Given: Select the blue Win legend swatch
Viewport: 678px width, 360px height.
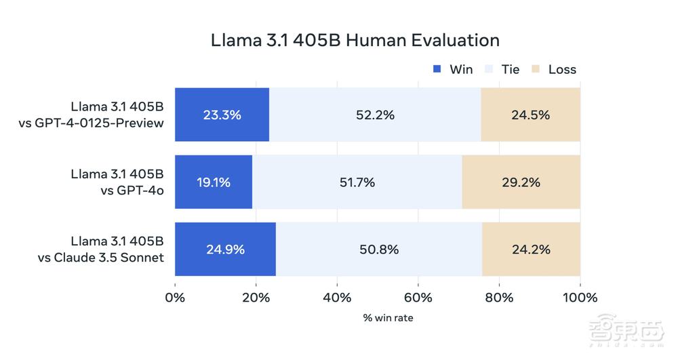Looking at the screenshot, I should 437,69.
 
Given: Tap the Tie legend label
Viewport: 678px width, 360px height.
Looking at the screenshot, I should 511,69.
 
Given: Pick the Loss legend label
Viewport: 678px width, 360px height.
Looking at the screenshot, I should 562,69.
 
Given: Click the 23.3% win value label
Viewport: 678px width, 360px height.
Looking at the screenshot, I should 222,115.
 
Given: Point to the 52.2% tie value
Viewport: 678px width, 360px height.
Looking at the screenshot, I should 375,115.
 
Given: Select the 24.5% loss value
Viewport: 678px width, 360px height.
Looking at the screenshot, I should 530,115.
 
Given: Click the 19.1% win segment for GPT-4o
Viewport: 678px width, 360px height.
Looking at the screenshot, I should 214,182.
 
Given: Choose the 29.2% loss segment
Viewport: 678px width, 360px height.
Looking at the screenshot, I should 521,182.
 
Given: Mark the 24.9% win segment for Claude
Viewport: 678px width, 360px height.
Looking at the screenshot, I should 225,249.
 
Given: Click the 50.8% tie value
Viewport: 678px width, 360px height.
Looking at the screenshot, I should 379,249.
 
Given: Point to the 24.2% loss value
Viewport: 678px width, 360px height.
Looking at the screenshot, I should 531,249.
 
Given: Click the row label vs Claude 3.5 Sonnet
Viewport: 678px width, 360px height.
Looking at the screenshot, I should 108,257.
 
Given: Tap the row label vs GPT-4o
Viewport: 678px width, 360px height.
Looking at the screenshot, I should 132,190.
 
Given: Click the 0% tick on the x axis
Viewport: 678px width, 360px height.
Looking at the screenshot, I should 175,298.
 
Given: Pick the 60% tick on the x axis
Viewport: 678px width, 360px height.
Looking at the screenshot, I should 418,298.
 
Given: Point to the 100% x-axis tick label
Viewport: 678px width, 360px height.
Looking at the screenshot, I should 580,298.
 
